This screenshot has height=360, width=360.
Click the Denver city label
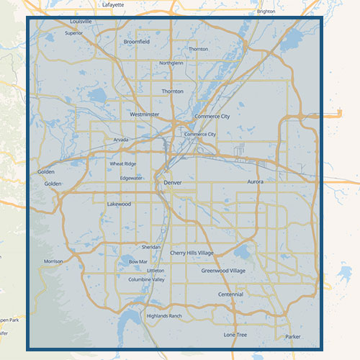click(173, 183)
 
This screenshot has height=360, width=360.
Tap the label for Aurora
click(256, 181)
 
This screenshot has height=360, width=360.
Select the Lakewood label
click(119, 204)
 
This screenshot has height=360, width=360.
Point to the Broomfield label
click(137, 42)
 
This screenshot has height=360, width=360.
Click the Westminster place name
click(144, 114)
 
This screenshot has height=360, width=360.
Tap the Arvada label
click(121, 140)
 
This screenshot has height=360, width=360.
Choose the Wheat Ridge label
click(122, 164)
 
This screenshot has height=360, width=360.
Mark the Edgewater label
click(132, 177)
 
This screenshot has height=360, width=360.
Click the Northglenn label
click(172, 63)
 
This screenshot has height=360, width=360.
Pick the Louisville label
click(76, 22)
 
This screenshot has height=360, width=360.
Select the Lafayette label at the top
click(113, 4)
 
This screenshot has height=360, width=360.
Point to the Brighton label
click(266, 12)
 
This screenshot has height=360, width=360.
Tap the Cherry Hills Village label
click(192, 253)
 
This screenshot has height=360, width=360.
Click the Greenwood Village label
click(223, 271)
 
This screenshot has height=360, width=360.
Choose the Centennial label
click(230, 294)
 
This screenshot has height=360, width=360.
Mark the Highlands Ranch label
click(164, 316)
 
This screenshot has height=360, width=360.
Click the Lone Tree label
click(235, 335)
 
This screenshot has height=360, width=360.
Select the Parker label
click(292, 336)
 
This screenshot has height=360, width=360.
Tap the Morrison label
click(53, 261)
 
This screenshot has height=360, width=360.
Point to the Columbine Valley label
click(148, 279)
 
